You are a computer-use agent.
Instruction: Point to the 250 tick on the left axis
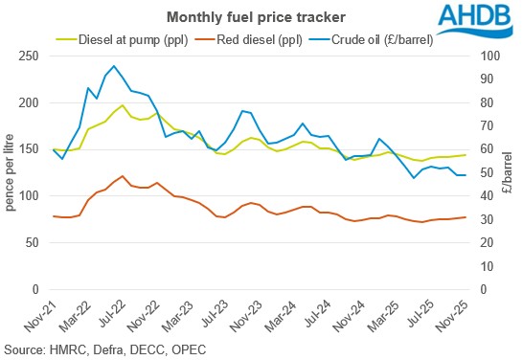click(x=32, y=56)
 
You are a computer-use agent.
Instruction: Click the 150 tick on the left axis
click(x=32, y=149)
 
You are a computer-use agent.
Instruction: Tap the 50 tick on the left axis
click(x=34, y=242)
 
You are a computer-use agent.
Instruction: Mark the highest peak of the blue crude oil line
click(x=114, y=66)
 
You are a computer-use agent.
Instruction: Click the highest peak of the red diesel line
click(x=122, y=176)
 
